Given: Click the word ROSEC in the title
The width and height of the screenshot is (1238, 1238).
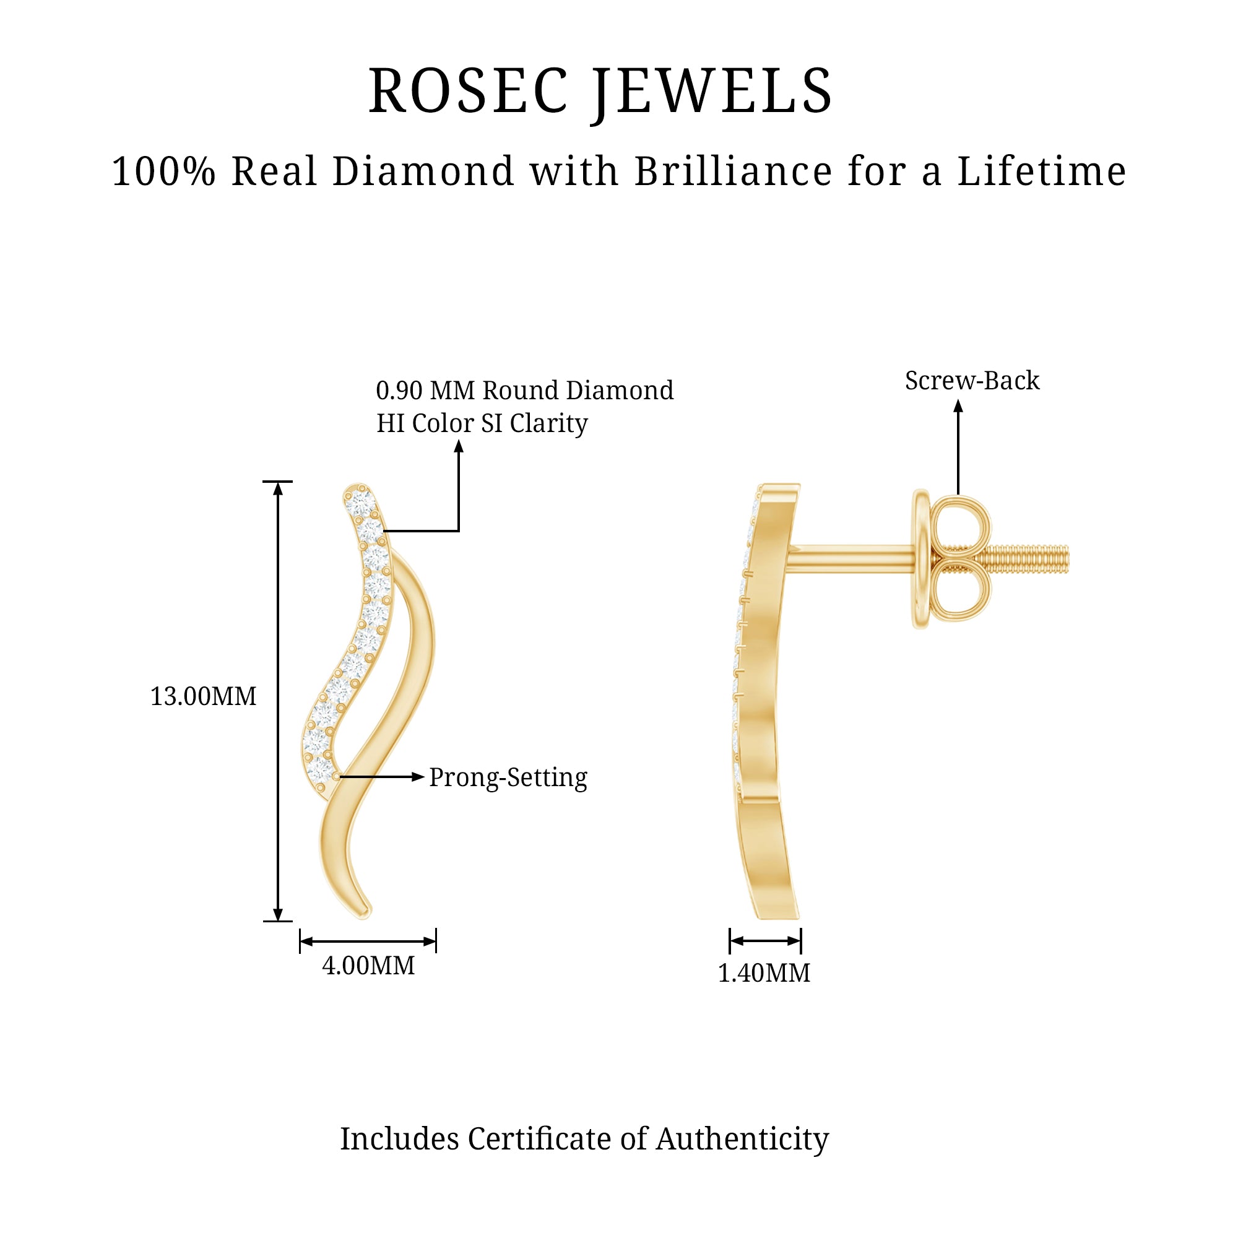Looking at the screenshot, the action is (469, 91).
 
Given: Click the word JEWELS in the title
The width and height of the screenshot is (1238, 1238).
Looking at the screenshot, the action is (712, 93).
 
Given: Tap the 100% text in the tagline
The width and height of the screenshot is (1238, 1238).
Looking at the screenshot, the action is (163, 171).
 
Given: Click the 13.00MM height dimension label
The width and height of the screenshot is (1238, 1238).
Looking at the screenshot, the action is (202, 696).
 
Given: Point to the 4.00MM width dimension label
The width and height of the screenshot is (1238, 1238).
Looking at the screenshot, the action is (368, 966).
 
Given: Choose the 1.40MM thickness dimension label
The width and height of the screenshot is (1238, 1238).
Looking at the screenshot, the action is (763, 973).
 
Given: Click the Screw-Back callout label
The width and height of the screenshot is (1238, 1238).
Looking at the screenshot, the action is (971, 381).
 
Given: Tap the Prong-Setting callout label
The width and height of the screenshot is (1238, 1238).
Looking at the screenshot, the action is (508, 778).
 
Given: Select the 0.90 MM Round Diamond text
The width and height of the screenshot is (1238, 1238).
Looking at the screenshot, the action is (524, 390).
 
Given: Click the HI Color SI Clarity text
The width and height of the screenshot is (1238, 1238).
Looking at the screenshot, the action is (481, 423).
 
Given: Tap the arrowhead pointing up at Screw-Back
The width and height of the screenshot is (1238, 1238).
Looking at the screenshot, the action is (958, 405).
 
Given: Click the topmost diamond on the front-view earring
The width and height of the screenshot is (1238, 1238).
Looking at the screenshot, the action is (359, 500).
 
